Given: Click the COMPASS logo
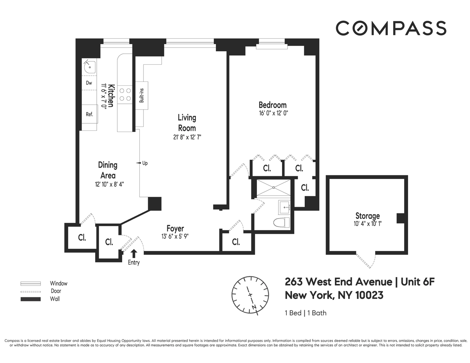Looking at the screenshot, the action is pos(391,28).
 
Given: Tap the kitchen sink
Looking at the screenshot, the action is pos(90,67).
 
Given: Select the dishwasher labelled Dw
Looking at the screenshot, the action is pos(89,83).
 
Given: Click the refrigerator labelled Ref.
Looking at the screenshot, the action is pos(90,114).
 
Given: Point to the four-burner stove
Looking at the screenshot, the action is pos(125,94).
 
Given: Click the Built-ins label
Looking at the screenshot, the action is pos(142,96).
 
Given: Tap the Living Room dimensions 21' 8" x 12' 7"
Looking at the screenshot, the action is pos(187,137).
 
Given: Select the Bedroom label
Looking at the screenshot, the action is pos(273,105).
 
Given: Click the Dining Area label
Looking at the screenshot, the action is pos(108,170).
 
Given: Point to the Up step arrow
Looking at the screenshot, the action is pos(138,163).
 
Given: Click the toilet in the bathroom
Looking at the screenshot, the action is pos(281,223).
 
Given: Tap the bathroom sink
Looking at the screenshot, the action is pos(284,207).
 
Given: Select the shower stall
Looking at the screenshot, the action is pos(273,188).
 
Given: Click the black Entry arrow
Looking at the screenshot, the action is pos(134,254).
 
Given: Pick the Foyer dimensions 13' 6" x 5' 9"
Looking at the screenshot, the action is pos(175,237).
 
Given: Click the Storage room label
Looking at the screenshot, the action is pos(367,216).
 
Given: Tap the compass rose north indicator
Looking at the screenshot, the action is pos(254,307).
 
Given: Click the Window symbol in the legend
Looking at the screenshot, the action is pos(31,284).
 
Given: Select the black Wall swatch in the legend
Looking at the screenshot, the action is pos(31,299).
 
